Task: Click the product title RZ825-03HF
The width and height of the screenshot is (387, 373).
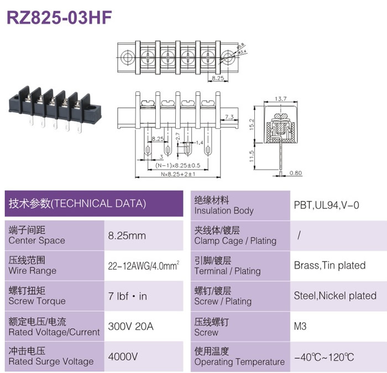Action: (x=59, y=18)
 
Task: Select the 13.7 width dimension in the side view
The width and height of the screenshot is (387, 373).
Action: (x=281, y=99)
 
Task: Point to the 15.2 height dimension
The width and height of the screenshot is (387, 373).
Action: (x=252, y=125)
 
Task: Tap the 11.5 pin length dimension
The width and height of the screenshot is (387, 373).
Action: (x=252, y=156)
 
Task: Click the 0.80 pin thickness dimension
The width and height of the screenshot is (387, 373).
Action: (x=296, y=173)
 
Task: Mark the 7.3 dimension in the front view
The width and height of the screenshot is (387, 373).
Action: (x=229, y=117)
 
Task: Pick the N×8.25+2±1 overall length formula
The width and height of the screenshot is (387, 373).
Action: (x=178, y=174)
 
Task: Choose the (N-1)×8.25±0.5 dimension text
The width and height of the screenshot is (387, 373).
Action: (x=177, y=165)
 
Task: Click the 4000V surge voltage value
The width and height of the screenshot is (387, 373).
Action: (x=123, y=356)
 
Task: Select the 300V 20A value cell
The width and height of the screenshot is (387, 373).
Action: (x=131, y=327)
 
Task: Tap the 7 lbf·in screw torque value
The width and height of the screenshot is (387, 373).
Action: (x=127, y=296)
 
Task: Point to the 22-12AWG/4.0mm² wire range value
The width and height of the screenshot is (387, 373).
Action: (x=144, y=266)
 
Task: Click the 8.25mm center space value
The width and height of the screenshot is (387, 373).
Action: (x=127, y=236)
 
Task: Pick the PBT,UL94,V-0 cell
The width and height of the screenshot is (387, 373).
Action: (x=326, y=205)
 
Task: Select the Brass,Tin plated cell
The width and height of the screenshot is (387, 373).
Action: (x=330, y=266)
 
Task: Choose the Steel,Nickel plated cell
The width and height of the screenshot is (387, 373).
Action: (x=335, y=296)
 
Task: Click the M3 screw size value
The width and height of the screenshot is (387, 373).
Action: (x=300, y=327)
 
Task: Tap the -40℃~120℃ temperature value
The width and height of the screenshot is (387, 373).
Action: (x=324, y=357)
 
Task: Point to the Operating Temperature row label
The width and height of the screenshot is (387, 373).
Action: (x=239, y=362)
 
